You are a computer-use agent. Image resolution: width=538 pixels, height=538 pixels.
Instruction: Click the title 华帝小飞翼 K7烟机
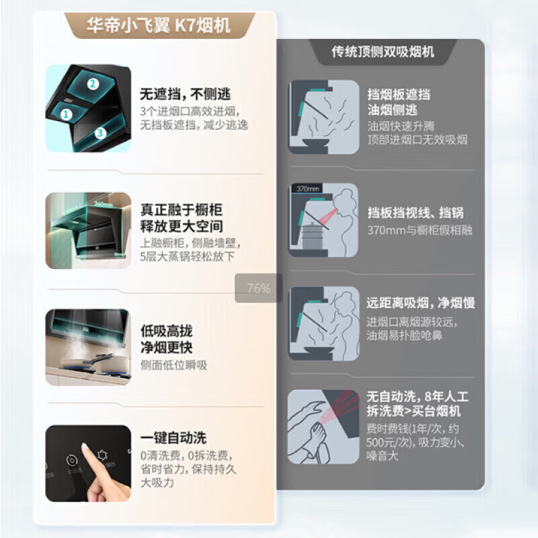tap(158, 26)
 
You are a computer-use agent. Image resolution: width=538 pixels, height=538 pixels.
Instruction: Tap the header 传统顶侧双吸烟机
tap(383, 52)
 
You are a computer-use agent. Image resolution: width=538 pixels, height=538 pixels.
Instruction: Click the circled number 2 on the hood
tap(93, 84)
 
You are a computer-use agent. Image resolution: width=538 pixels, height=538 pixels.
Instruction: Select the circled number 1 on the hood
tap(66, 114)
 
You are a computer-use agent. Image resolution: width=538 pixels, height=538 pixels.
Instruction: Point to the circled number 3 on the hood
tap(100, 133)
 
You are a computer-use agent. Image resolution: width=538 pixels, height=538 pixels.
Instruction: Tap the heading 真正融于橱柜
tap(181, 209)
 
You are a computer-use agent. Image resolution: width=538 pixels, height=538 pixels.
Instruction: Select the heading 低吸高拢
tap(165, 332)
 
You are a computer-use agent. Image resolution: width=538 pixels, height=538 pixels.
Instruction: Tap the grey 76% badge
tap(258, 289)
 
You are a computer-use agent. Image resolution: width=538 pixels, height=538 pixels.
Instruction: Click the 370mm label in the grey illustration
tap(307, 190)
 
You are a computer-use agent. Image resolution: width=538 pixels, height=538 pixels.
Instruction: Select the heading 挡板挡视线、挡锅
tap(415, 213)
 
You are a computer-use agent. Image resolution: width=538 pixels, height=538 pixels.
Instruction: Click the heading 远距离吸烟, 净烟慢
tap(421, 303)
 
